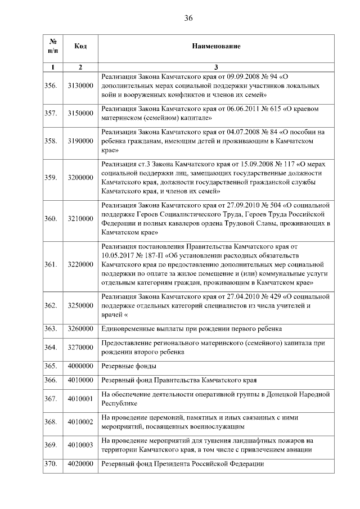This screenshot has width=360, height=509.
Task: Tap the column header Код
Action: coord(80,46)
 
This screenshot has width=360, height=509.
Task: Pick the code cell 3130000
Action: coord(80,85)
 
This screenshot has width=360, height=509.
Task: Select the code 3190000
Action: coord(80,141)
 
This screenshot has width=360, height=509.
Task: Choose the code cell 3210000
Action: coord(80,218)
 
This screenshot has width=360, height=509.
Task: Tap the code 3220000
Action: coord(80,264)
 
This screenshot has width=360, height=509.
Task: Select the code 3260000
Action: coord(80,328)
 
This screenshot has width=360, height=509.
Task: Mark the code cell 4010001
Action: coord(80,399)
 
